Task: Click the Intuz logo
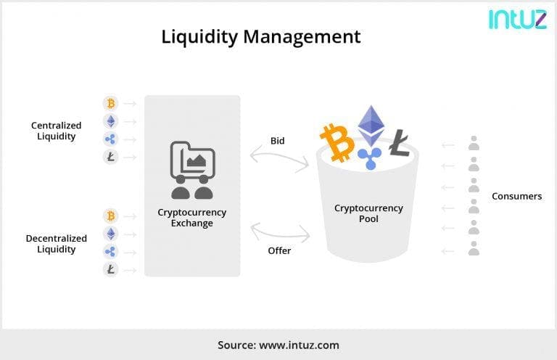click(518, 19)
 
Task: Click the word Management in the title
click(302, 36)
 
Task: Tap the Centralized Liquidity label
click(56, 131)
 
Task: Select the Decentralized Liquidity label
click(56, 244)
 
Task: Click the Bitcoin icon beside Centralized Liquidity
click(111, 103)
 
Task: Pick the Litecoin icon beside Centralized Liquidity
click(111, 157)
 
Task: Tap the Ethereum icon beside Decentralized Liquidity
click(111, 234)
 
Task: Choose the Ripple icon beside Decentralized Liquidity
click(111, 252)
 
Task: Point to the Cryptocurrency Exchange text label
click(191, 218)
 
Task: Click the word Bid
click(278, 141)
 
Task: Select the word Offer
click(279, 250)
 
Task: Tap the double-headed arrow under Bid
click(279, 157)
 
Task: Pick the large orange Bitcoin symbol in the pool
click(337, 143)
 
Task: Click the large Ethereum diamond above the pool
click(371, 126)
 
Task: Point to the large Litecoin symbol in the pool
click(400, 143)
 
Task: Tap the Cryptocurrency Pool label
click(368, 213)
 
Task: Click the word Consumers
click(517, 196)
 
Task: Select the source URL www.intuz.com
click(299, 345)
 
